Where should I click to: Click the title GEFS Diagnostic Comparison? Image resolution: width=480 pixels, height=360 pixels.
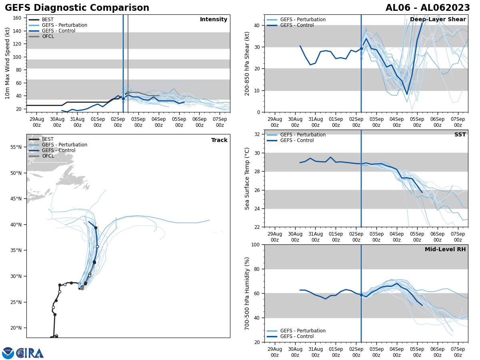[x=77, y=8]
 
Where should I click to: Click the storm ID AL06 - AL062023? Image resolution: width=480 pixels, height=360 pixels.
[x=428, y=8]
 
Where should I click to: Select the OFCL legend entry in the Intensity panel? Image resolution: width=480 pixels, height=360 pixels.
[x=48, y=36]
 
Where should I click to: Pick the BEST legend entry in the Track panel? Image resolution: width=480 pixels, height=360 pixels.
[x=48, y=139]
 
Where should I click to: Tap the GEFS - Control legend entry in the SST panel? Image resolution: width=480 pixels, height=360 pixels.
[x=297, y=140]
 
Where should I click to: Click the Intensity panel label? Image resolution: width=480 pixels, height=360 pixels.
[x=213, y=20]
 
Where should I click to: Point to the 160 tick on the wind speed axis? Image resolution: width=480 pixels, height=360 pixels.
[x=17, y=18]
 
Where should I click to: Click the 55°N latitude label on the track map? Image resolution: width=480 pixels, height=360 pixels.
[x=16, y=147]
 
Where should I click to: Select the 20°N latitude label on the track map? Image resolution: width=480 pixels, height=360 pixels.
[x=16, y=328]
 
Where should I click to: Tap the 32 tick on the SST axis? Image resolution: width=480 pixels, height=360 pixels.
[x=258, y=134]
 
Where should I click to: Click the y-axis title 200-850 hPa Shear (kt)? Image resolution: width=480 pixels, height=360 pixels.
[x=248, y=63]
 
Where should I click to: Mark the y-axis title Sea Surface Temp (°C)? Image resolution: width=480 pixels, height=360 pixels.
[x=248, y=178]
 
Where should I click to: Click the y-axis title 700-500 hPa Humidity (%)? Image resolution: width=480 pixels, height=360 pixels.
[x=248, y=293]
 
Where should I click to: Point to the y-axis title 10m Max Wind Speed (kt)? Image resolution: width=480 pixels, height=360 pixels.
[x=8, y=63]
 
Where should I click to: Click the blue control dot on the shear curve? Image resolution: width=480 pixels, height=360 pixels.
[x=361, y=48]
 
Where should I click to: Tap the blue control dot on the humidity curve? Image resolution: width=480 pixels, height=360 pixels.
[x=361, y=295]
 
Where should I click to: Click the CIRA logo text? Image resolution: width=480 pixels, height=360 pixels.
[x=30, y=353]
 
